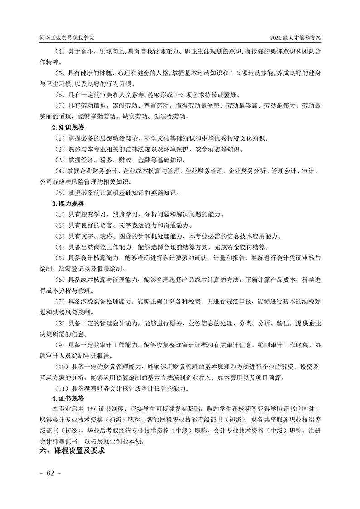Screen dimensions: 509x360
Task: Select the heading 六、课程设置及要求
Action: coord(72,452)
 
